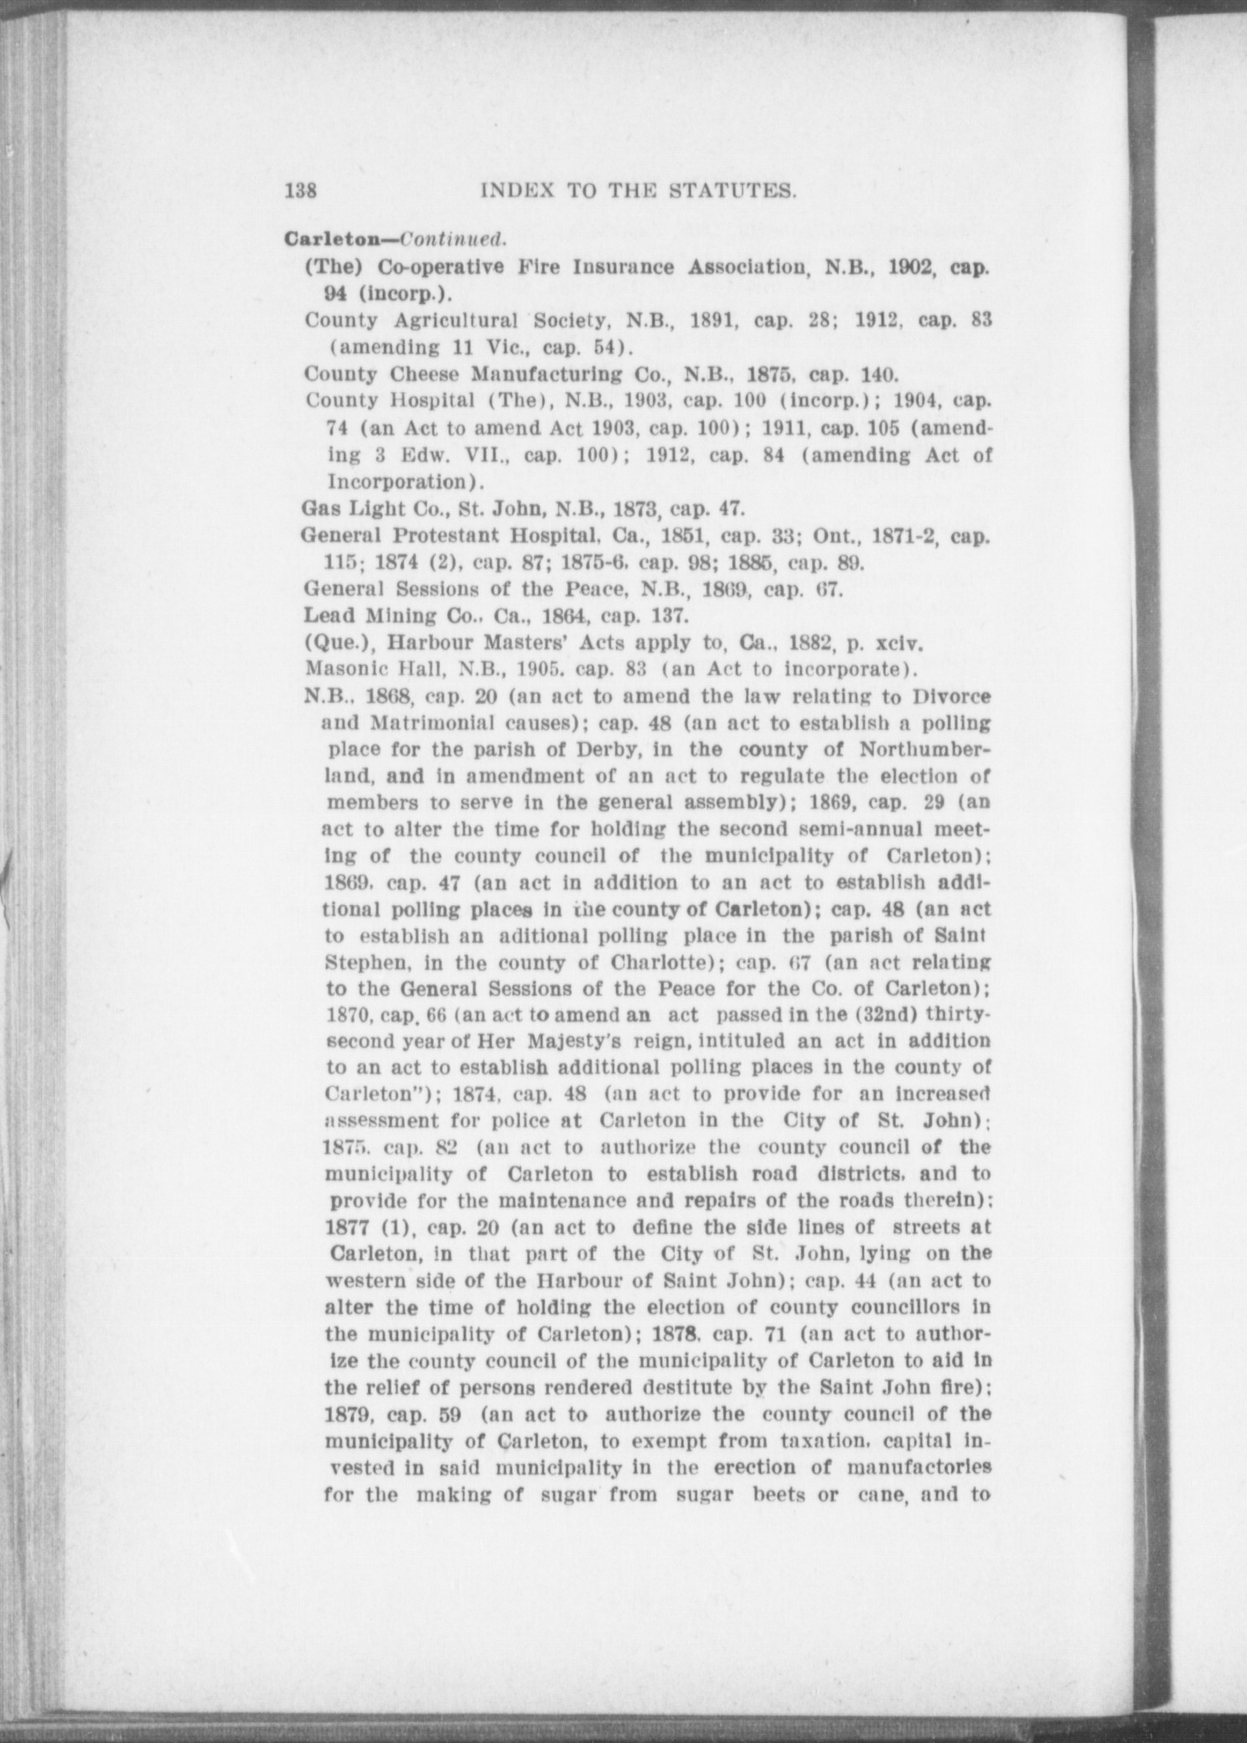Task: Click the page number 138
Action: pos(300,190)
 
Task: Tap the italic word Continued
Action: pos(453,240)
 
